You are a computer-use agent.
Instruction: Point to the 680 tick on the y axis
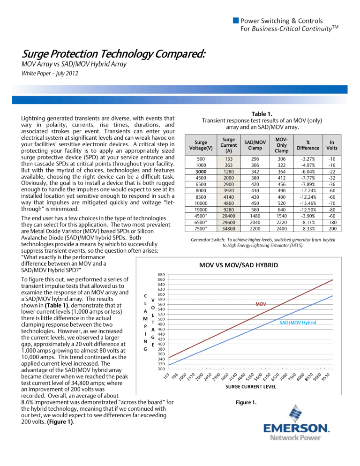[x=161, y=274]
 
